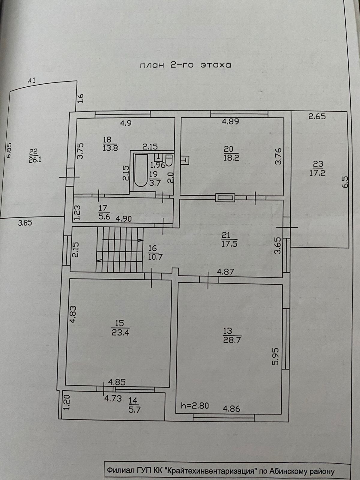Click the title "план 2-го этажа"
pos(186,65)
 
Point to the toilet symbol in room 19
pos(169,161)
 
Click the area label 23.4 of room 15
pos(120,332)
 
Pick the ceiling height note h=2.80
pos(195,406)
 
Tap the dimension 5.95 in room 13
pos(276,356)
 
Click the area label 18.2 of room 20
pos(231,158)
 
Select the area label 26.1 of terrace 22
pos(35,159)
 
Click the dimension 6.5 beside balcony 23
pos(345,182)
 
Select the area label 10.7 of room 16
pos(155,257)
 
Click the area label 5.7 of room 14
pos(135,409)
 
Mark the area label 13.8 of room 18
pos(110,148)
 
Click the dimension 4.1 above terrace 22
pos(31,80)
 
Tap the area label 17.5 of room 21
pos(229,244)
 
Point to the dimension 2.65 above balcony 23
pos(317,116)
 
